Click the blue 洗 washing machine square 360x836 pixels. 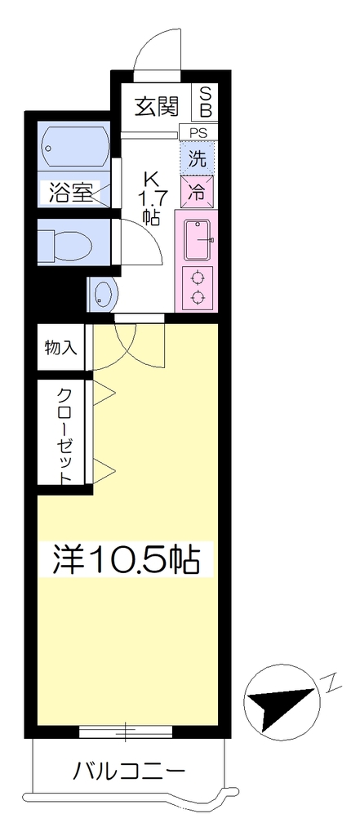(198, 158)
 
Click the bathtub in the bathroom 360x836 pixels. (74, 148)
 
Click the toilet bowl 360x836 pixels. (65, 245)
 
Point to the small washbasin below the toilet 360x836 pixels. (104, 294)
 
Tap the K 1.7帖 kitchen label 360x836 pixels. (152, 198)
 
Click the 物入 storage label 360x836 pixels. (61, 348)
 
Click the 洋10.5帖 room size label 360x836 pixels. (126, 558)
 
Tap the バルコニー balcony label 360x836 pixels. (129, 772)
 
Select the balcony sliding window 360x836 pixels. (126, 731)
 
